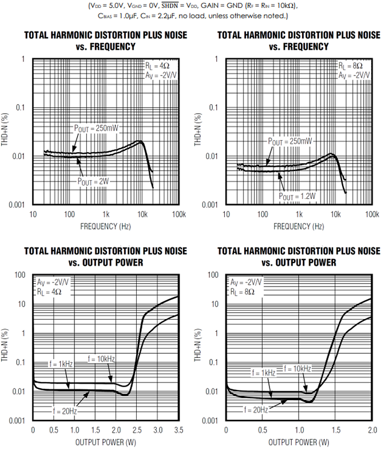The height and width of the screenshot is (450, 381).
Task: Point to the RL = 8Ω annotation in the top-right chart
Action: (351, 66)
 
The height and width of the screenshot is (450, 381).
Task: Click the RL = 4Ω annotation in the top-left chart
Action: (157, 66)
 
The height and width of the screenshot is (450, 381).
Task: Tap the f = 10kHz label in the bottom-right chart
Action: (297, 369)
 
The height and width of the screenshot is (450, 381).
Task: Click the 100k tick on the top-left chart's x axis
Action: (179, 214)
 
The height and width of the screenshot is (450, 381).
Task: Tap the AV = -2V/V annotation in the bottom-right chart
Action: (245, 282)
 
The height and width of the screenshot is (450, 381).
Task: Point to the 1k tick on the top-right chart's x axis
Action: (299, 214)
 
